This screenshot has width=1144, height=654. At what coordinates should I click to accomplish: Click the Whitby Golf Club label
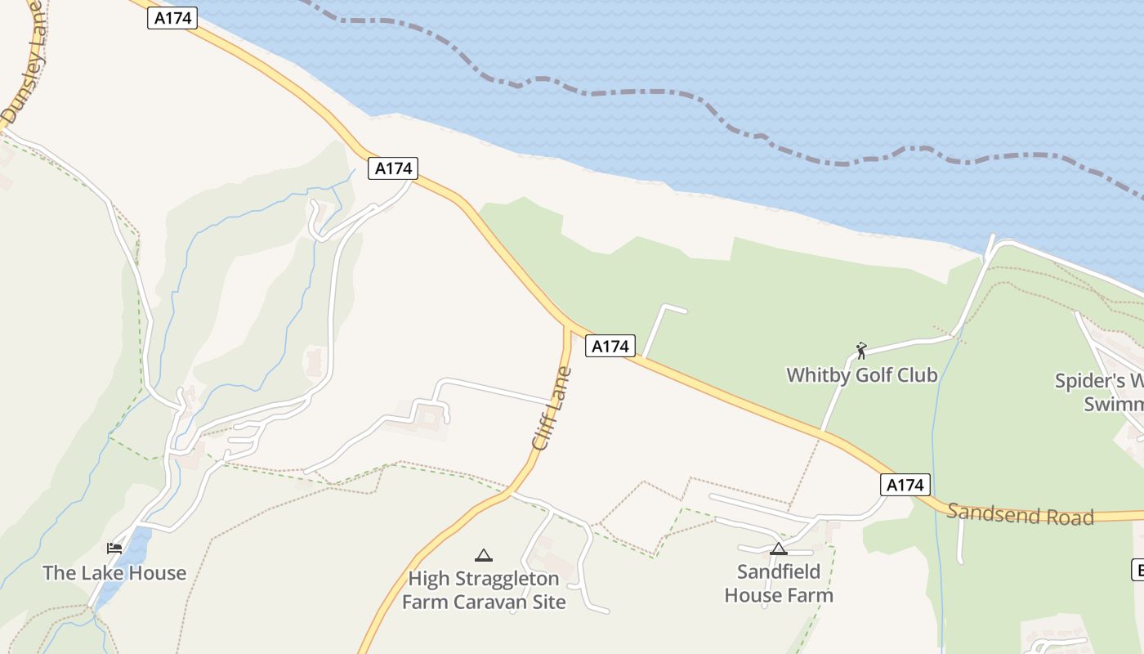(x=861, y=375)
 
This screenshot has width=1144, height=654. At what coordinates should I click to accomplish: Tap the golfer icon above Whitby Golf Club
(x=860, y=351)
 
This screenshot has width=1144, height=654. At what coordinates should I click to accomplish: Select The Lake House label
(x=114, y=573)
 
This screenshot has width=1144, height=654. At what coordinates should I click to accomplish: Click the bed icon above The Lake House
(x=114, y=548)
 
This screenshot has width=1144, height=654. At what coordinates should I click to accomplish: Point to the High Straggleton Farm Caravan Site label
(x=484, y=590)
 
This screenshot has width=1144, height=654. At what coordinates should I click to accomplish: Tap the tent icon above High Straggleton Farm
(x=484, y=556)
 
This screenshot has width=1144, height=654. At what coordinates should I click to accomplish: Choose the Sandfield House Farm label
(x=779, y=583)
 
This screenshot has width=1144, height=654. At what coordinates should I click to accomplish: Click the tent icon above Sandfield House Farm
(x=779, y=549)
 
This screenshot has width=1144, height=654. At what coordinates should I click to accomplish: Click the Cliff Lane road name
(x=552, y=409)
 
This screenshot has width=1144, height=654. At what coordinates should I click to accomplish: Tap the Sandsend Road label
(x=1020, y=514)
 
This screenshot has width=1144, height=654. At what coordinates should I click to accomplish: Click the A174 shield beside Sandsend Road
(x=905, y=485)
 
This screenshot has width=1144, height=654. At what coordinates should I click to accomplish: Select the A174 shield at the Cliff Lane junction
(x=610, y=347)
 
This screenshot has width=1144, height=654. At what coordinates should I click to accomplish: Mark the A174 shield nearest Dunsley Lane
(x=172, y=18)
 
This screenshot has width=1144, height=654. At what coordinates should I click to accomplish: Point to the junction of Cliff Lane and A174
(x=566, y=327)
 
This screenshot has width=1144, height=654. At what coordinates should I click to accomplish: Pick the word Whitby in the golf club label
(x=817, y=375)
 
